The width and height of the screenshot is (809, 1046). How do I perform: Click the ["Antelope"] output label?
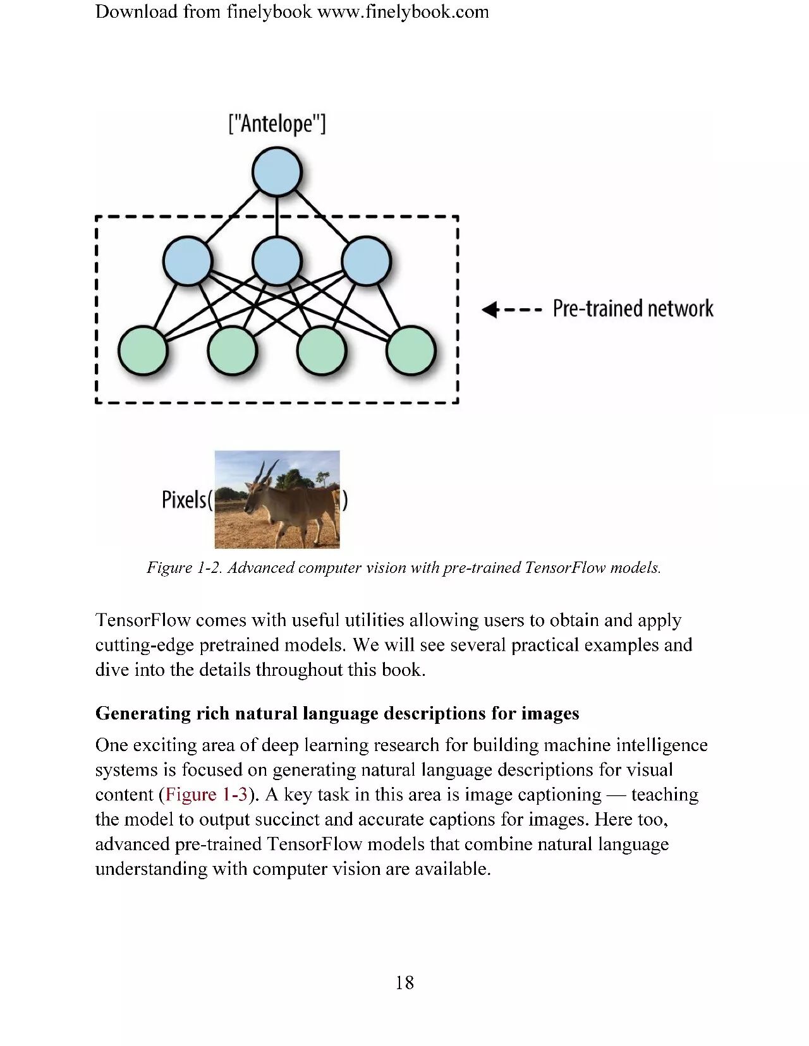(x=277, y=124)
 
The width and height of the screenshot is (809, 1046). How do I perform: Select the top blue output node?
(x=277, y=172)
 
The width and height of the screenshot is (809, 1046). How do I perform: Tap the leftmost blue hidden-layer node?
(x=187, y=260)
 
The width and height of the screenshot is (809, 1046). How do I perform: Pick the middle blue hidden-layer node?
(x=277, y=260)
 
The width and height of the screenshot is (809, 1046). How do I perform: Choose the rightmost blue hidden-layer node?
(x=366, y=260)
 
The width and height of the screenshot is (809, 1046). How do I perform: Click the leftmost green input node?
(x=143, y=351)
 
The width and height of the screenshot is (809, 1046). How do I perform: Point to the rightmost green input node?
(x=411, y=351)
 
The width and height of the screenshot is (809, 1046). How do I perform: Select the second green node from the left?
(x=232, y=351)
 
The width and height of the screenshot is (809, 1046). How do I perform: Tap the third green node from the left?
(x=321, y=351)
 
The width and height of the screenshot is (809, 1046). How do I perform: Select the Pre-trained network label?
(x=633, y=309)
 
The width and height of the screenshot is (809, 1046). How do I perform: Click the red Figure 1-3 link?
(x=206, y=795)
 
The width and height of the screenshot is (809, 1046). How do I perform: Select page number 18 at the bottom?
(x=404, y=982)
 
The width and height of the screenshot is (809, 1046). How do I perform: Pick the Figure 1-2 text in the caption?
(x=184, y=567)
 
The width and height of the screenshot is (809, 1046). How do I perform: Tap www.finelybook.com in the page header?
(x=403, y=12)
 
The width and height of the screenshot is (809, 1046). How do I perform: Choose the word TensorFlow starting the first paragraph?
(x=143, y=620)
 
